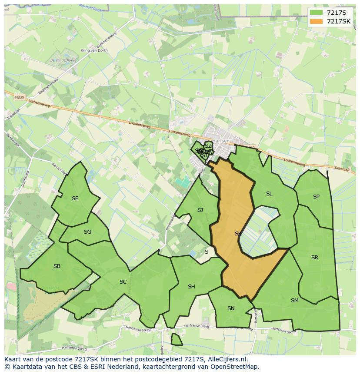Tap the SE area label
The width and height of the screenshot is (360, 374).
[75, 199]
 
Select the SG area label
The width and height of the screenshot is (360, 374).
[87, 232]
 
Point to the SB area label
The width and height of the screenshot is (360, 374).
[57, 266]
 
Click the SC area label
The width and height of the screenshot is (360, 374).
[123, 282]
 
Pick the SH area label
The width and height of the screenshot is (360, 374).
[191, 287]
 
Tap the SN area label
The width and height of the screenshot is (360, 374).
[231, 308]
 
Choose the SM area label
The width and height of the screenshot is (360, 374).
[295, 300]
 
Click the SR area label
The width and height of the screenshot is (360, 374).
[315, 258]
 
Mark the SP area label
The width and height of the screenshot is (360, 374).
[316, 197]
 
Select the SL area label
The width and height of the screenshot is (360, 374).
[269, 194]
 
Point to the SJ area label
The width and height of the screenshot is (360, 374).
[200, 210]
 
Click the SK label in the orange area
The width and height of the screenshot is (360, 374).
[238, 234]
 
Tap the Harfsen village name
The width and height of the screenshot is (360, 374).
[222, 140]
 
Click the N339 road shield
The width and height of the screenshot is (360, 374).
[19, 97]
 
